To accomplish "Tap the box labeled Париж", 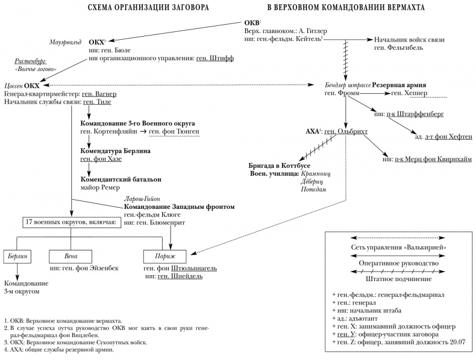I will [166, 255].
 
